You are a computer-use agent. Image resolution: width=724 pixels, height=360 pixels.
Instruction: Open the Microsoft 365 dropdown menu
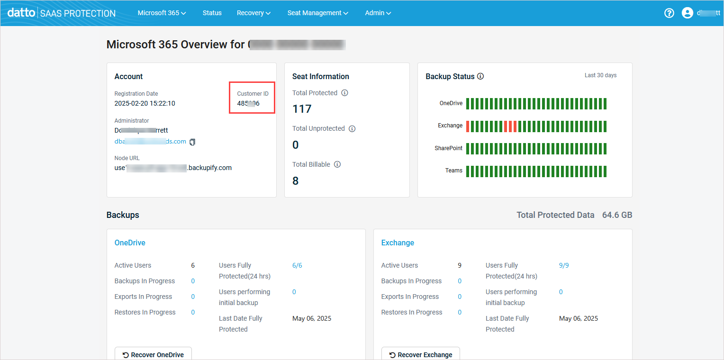click(x=162, y=13)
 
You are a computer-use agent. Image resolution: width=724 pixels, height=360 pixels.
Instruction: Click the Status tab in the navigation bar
click(x=212, y=13)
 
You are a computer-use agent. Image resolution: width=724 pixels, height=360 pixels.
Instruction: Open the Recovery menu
click(x=253, y=13)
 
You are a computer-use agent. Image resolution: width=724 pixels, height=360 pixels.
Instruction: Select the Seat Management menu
click(x=317, y=13)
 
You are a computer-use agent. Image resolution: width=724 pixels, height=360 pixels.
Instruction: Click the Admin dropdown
click(x=378, y=13)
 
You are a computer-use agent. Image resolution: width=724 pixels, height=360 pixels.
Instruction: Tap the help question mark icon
click(x=669, y=13)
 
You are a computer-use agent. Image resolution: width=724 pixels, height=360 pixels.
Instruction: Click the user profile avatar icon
click(x=687, y=13)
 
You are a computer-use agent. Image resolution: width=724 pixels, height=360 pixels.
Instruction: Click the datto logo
click(x=21, y=13)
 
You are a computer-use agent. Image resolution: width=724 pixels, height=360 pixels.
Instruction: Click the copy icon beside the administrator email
click(x=192, y=142)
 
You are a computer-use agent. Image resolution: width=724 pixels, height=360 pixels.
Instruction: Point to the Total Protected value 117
click(x=302, y=109)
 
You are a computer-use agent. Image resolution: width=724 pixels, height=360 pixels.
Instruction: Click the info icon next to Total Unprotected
click(x=352, y=129)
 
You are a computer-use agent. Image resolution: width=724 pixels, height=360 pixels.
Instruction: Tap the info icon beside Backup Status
click(x=480, y=76)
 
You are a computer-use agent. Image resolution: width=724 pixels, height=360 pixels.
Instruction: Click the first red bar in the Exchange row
click(x=468, y=126)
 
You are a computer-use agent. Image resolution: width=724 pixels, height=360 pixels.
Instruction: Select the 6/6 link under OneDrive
click(x=297, y=265)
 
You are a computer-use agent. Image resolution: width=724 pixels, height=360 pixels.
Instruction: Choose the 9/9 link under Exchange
click(x=564, y=265)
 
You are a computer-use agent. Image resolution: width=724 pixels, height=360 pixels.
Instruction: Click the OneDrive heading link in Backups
click(x=130, y=243)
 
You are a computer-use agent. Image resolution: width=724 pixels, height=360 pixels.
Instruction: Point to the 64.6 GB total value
click(x=617, y=215)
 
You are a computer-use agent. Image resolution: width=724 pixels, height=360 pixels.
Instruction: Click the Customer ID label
click(x=253, y=94)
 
